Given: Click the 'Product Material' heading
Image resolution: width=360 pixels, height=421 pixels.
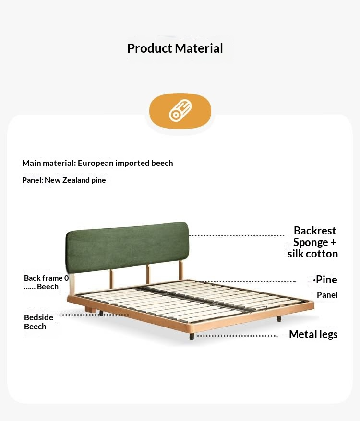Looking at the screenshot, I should [x=175, y=48].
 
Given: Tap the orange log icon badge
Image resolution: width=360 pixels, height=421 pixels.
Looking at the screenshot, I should [x=180, y=111].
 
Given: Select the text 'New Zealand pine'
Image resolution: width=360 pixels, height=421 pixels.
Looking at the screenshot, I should [x=75, y=180].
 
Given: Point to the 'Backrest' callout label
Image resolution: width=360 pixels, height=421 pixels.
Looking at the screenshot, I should [x=315, y=231].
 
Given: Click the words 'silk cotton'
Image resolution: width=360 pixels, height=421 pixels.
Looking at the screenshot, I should [x=312, y=254].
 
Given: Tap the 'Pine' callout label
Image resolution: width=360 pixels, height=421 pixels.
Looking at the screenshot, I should [x=326, y=280].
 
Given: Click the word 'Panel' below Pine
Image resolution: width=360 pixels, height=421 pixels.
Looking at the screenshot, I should [x=327, y=295].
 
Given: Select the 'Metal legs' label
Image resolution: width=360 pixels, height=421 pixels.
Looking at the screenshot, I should [x=313, y=334].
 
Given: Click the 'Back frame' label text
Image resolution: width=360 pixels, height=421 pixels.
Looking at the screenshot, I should [x=44, y=278].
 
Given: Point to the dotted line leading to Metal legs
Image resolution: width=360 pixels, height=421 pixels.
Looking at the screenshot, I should [x=237, y=336].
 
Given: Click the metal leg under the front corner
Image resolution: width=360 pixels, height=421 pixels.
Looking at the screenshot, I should [x=192, y=336].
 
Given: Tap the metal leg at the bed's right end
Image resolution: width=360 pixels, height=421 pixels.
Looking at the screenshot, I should [x=278, y=318].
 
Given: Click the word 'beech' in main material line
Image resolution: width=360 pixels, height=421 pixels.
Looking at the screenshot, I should [x=162, y=163].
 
